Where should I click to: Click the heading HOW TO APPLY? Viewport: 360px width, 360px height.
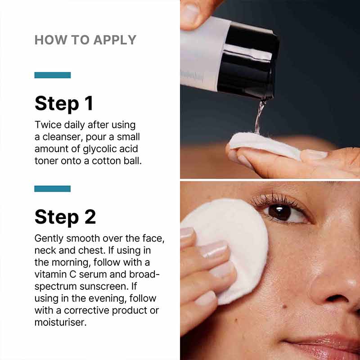tap(85, 40)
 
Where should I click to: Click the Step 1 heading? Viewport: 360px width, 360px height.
tap(63, 103)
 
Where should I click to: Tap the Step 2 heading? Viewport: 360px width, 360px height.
tap(65, 216)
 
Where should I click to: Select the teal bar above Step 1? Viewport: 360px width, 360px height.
tap(52, 75)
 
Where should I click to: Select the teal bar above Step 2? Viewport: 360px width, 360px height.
tap(52, 189)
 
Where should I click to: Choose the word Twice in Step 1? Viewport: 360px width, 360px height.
tap(46, 125)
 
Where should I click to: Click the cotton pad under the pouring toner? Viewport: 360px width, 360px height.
tap(263, 144)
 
